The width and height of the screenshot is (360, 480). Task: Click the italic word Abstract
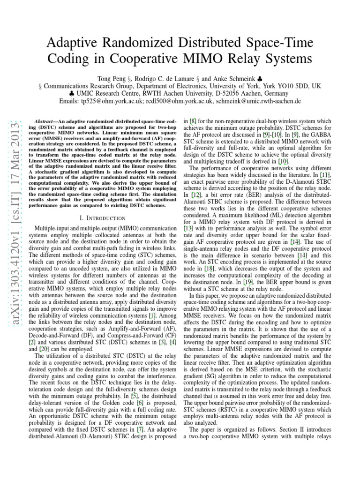coord(46,121)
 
